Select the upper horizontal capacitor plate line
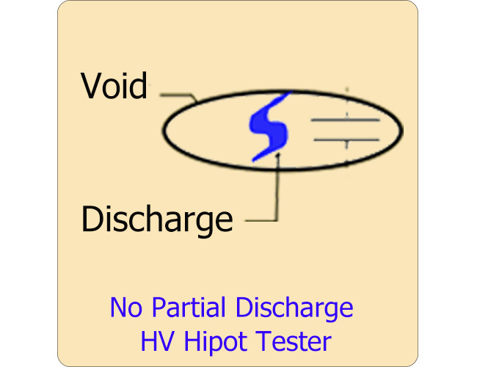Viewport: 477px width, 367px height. (346, 120)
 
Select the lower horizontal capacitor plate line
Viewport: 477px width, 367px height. (346, 139)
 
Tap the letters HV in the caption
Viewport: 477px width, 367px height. (155, 341)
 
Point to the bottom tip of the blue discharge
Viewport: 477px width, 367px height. (254, 159)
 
